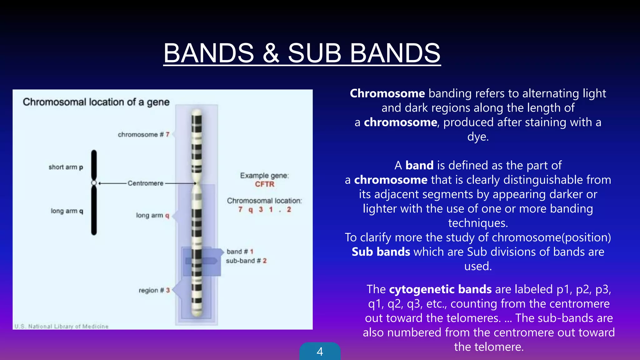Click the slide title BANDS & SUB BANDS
coord(302,53)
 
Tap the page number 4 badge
coord(320,352)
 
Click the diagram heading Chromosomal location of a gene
coord(96,102)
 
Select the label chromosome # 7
coord(143,135)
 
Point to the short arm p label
coord(66,167)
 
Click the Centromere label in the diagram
coord(145,183)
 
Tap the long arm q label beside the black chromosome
coord(67,211)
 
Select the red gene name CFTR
coord(264,184)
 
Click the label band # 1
coord(240,252)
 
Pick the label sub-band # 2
coord(246,261)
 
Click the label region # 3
coord(154,290)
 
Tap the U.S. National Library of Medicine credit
coord(61,326)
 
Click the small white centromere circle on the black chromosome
coord(94,183)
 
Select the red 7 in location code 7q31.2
coord(240,210)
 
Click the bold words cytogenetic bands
coord(440,289)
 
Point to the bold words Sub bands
coord(381,252)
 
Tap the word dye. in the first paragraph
coord(478,137)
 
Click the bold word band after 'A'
coord(419,166)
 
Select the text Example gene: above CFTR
coord(264,176)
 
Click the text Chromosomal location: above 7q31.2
coord(264,201)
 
